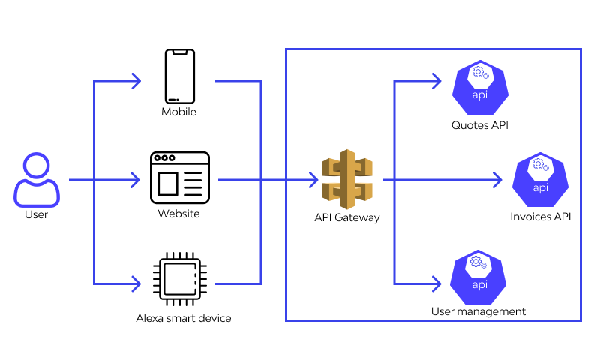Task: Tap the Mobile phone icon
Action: (x=180, y=76)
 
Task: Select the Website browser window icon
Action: (x=181, y=178)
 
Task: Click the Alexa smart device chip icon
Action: (x=180, y=280)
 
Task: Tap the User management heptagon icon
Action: (x=479, y=278)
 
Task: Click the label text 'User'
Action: (x=36, y=214)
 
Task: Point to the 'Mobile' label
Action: (x=179, y=112)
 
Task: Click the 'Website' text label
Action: (x=178, y=214)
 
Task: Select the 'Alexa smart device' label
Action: (x=184, y=318)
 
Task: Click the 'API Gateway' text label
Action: (x=347, y=218)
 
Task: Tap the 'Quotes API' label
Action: (x=480, y=125)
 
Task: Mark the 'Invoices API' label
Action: (x=541, y=217)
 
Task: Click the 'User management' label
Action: (x=478, y=311)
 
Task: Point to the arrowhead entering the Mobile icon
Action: (x=136, y=80)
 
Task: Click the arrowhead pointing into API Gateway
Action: (x=313, y=180)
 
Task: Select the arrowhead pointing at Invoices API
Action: (x=496, y=180)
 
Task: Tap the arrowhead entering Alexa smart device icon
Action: (x=136, y=283)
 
